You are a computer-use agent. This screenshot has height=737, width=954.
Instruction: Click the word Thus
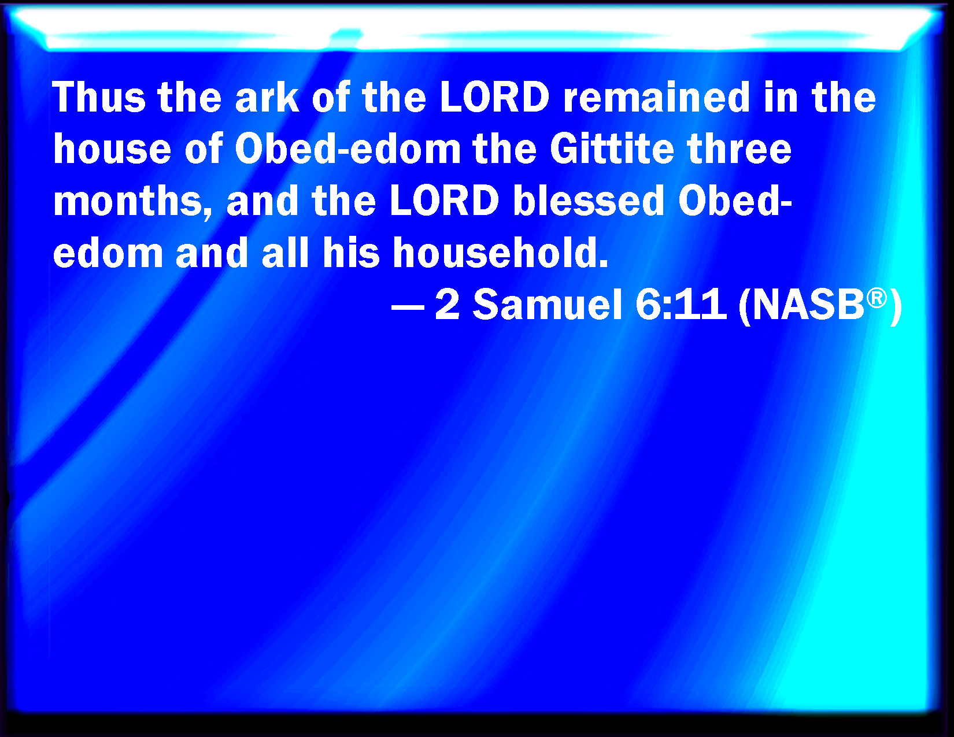(99, 97)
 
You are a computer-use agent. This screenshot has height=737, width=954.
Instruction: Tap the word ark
(267, 97)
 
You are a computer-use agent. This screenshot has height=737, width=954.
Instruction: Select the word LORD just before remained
(494, 97)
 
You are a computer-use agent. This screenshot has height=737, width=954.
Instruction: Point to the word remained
(656, 97)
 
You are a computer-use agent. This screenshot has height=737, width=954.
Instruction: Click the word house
(112, 149)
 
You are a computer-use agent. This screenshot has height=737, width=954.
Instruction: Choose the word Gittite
(612, 149)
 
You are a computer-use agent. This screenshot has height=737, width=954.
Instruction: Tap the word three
(739, 149)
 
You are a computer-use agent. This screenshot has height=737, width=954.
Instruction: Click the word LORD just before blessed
(444, 201)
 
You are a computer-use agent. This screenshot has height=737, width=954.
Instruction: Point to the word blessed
(589, 201)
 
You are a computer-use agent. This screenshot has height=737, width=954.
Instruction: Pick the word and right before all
(212, 253)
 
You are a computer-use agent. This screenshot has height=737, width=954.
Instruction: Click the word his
(351, 253)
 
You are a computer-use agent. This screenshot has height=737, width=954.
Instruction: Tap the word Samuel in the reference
(548, 305)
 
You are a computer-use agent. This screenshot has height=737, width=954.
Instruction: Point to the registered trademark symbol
(877, 298)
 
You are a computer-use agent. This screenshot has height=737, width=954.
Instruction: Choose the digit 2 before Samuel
(447, 305)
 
